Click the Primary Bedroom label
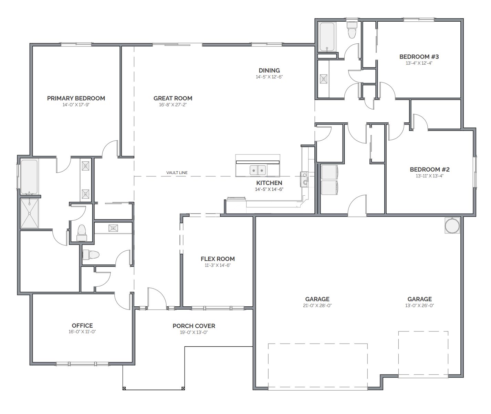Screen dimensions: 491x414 click(x=76, y=98)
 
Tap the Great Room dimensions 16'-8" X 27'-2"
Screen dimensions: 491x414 click(x=173, y=105)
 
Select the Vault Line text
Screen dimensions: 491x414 click(x=177, y=173)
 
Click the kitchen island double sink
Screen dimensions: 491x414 click(x=258, y=170)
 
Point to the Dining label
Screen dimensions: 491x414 click(x=269, y=70)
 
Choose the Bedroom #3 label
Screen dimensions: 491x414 click(x=419, y=57)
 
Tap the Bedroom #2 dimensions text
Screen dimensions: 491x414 click(x=430, y=176)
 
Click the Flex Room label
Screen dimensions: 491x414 click(x=218, y=259)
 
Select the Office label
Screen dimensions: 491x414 click(x=82, y=326)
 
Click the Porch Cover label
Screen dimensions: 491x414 click(x=194, y=326)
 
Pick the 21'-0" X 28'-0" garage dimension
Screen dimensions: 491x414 click(x=317, y=305)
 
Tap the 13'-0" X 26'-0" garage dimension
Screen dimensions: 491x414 click(x=419, y=305)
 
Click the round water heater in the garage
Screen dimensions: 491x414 click(x=452, y=226)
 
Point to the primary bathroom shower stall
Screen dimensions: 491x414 click(x=29, y=214)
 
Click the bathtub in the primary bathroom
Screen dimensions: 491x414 click(x=29, y=177)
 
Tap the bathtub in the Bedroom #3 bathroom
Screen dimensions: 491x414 click(x=327, y=37)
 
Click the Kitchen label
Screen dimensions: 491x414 click(x=269, y=183)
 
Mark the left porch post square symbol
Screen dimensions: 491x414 click(x=124, y=389)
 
